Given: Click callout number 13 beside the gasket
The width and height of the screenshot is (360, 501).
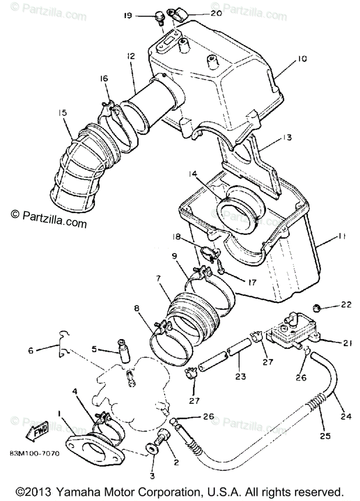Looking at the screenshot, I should point(286,137).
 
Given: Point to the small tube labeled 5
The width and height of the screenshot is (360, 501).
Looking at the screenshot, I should point(123,351).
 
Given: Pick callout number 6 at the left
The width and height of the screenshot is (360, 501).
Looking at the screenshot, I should point(30,351).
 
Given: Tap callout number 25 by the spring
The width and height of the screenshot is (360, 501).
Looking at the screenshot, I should point(325,436).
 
